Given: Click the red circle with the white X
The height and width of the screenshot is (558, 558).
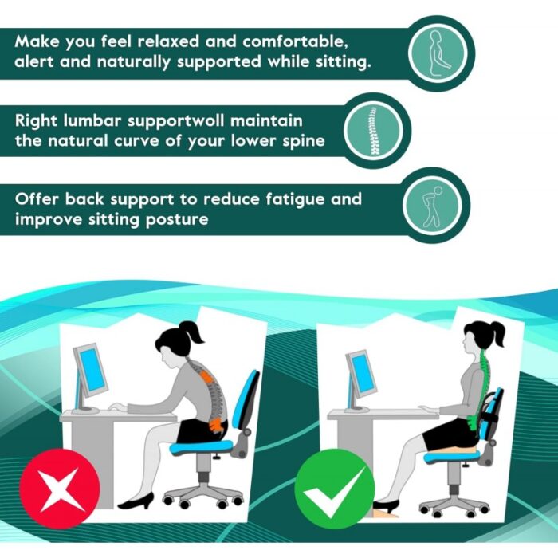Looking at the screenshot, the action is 60,489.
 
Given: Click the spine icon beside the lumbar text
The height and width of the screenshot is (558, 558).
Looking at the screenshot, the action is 373,131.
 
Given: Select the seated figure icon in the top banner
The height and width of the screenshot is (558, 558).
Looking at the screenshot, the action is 438,53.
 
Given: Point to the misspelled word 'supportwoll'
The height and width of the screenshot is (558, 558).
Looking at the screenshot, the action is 176,121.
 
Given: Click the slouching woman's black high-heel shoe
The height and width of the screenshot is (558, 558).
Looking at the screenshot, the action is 137,501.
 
